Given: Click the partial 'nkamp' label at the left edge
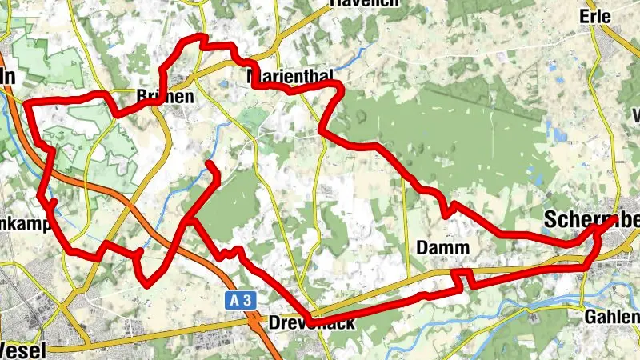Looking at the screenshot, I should pyautogui.click(x=18, y=219).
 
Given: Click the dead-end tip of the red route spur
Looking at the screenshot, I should pyautogui.click(x=210, y=164).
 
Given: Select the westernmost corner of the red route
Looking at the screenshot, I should pyautogui.click(x=27, y=103).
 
